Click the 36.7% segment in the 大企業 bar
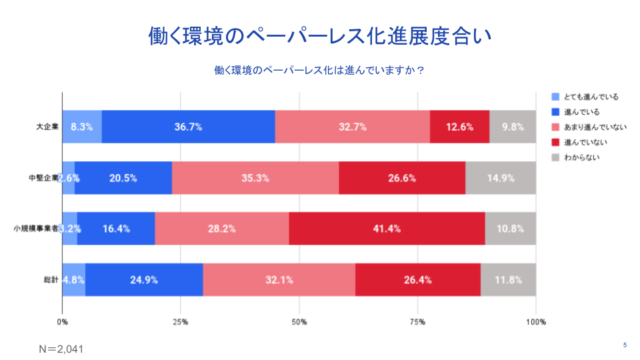(x=188, y=127)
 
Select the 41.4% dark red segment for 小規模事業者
(x=387, y=229)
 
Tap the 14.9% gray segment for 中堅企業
(x=501, y=177)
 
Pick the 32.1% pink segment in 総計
(x=279, y=279)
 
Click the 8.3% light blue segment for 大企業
(x=82, y=127)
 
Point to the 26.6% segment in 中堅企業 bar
(x=402, y=177)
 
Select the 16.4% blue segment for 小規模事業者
(x=116, y=229)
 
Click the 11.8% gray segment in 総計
(x=508, y=279)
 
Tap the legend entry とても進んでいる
(x=591, y=97)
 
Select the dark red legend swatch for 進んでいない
(x=555, y=142)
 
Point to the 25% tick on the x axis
(x=181, y=322)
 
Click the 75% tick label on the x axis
(x=417, y=322)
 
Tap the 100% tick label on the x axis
(x=535, y=322)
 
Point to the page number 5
(x=625, y=345)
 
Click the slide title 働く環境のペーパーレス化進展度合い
(x=320, y=36)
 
